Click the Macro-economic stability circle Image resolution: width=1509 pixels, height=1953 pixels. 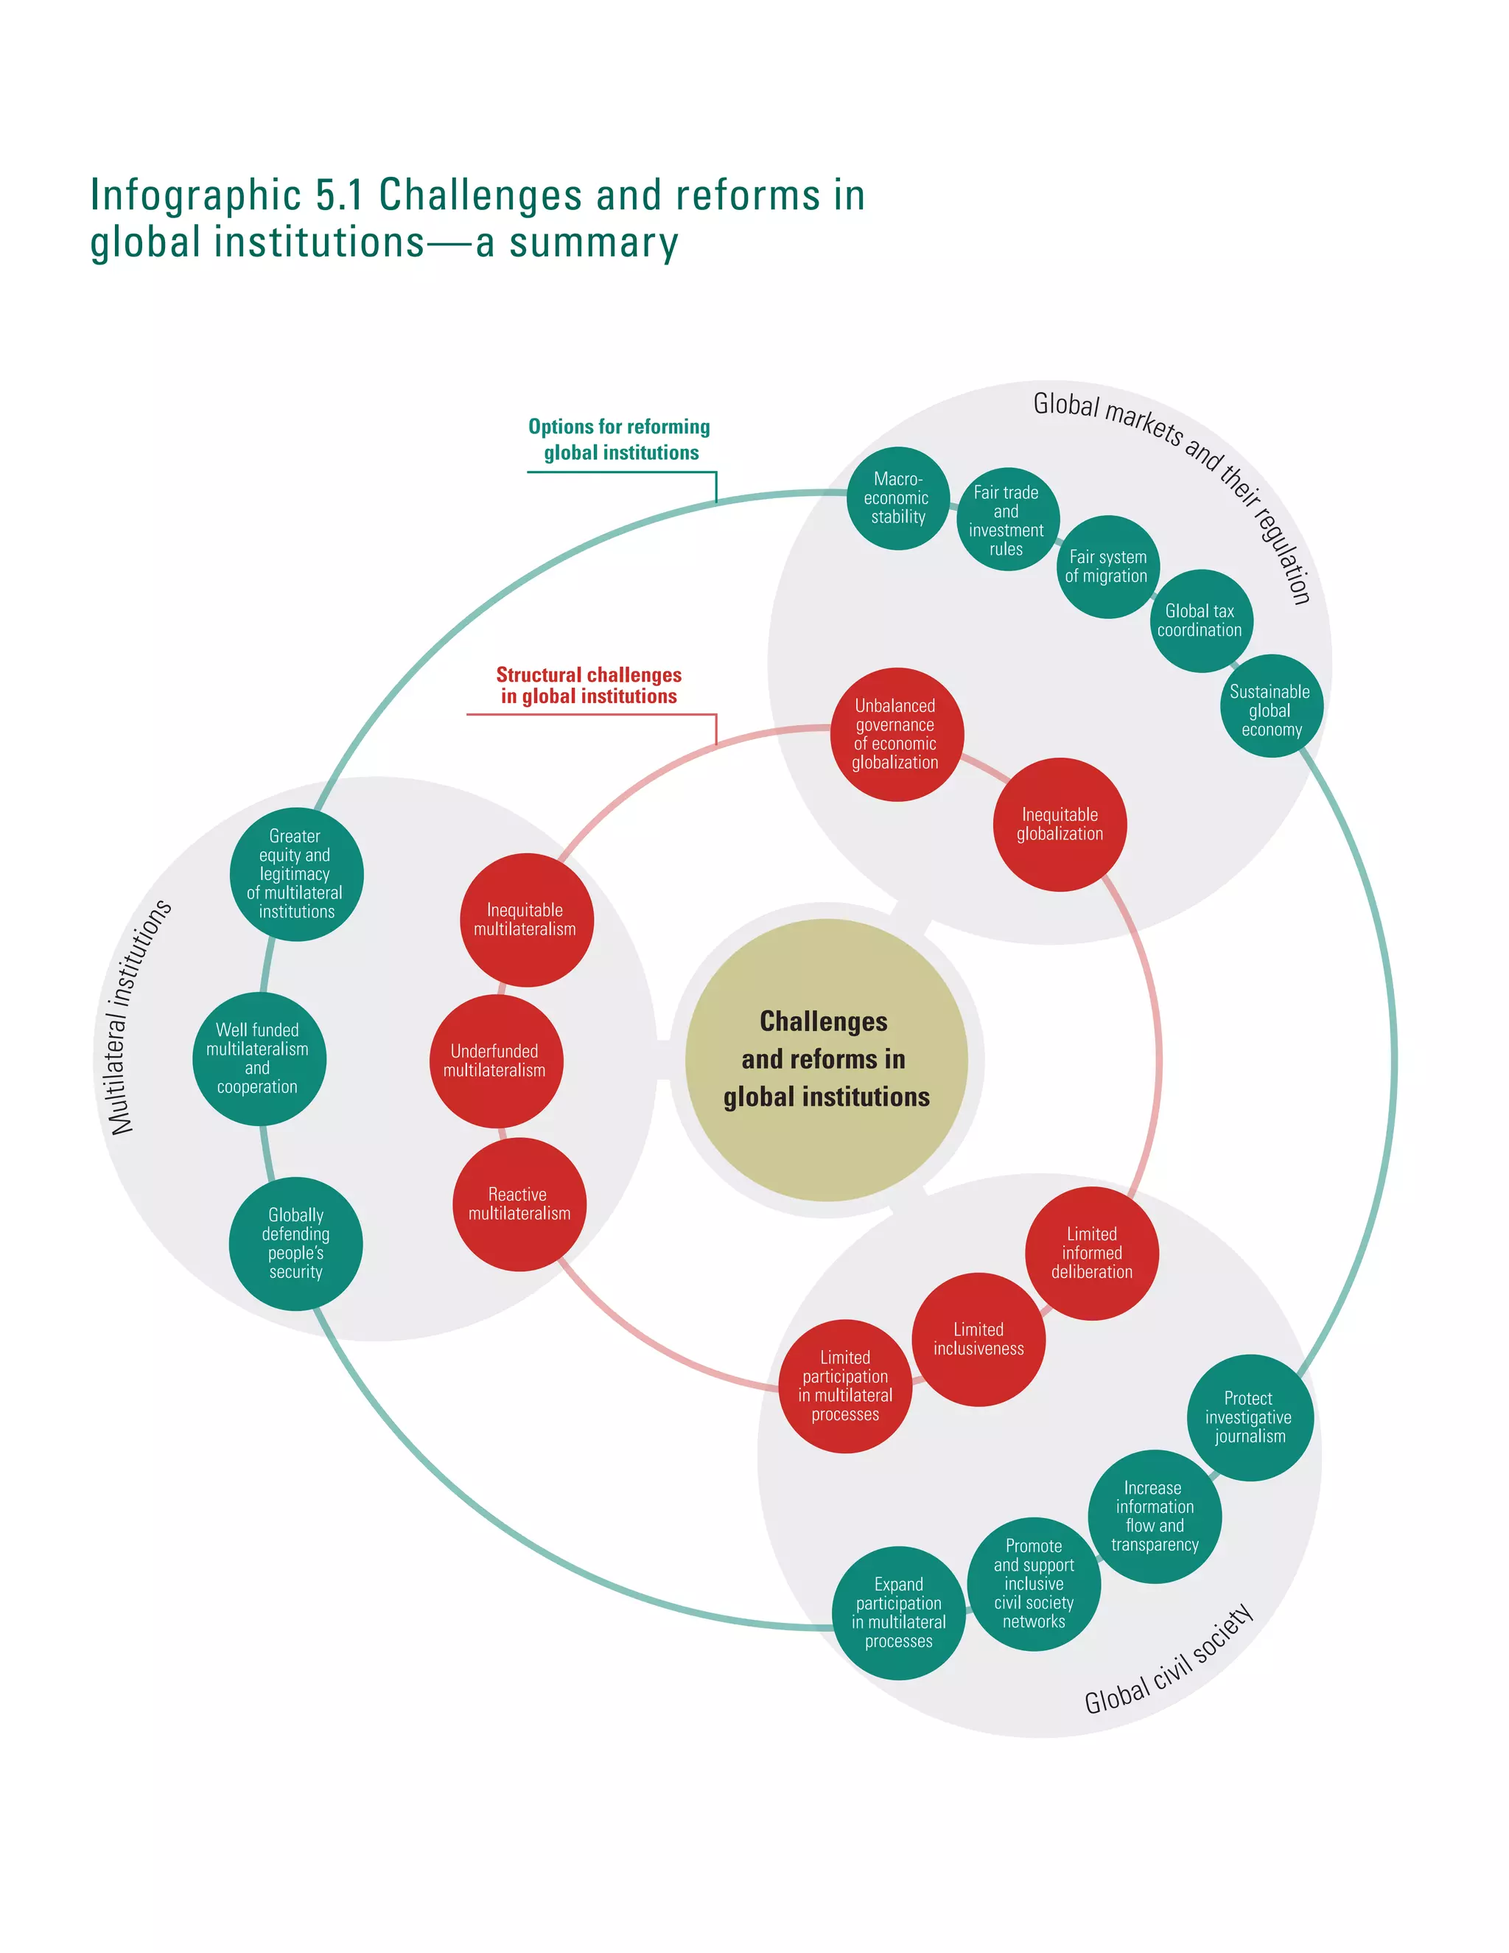[x=897, y=498]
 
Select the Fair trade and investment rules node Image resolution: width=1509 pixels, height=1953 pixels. [x=1006, y=520]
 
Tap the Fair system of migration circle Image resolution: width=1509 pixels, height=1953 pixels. [x=1107, y=566]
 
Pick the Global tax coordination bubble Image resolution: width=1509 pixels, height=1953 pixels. [x=1200, y=620]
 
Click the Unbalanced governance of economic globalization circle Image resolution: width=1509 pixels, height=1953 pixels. [x=896, y=734]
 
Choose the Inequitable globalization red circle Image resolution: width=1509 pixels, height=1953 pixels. [x=1060, y=824]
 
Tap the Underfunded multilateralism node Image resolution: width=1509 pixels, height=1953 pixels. [x=495, y=1061]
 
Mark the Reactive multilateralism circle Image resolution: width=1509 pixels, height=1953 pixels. [x=519, y=1203]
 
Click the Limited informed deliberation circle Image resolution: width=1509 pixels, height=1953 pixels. [x=1091, y=1252]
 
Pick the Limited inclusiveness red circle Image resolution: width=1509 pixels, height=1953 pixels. [x=978, y=1338]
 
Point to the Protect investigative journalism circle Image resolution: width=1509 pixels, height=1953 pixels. [x=1249, y=1417]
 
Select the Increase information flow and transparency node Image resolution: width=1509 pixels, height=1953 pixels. [x=1154, y=1516]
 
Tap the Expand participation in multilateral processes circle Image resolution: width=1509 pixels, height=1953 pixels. [x=898, y=1613]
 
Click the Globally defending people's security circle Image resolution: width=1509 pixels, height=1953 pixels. [x=296, y=1243]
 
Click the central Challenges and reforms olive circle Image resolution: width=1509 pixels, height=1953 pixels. [x=826, y=1060]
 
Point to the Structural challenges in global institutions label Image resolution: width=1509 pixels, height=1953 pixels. [x=588, y=685]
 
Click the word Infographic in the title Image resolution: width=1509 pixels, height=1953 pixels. [x=195, y=196]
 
